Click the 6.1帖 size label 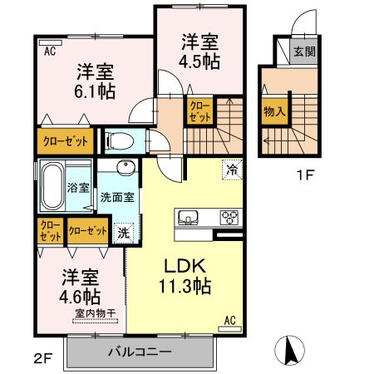97,91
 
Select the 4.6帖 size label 81,295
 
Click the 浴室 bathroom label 78,187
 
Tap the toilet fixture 116,140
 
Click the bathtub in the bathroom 51,187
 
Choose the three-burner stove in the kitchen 229,218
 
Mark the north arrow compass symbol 288,350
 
